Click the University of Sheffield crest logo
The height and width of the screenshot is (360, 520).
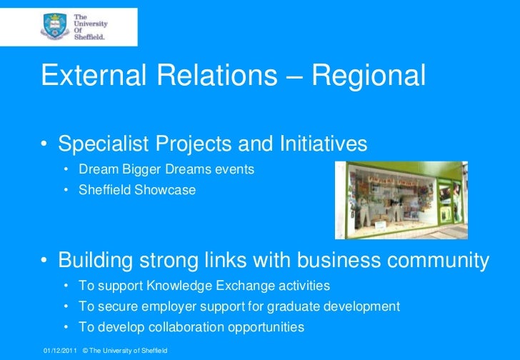coord(55,26)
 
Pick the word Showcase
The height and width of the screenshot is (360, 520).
coord(168,191)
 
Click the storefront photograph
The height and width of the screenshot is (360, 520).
coord(401,199)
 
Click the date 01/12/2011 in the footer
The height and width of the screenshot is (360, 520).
coord(59,351)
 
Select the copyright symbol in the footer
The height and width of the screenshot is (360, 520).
coord(86,351)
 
